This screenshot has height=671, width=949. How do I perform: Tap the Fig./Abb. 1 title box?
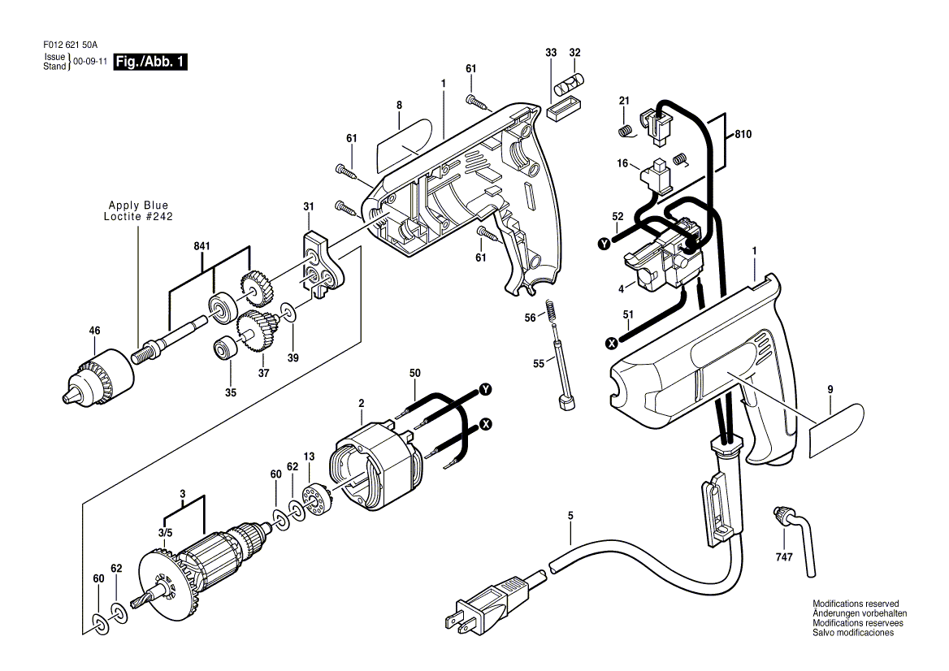point(150,62)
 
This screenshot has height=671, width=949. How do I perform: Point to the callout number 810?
point(743,134)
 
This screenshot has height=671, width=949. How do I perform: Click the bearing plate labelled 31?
point(322,262)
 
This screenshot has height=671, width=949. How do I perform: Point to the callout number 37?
point(264,374)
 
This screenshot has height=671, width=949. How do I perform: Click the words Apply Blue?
point(139,205)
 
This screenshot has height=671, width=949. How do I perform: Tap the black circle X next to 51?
point(612,344)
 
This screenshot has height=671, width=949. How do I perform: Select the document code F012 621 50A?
point(70,45)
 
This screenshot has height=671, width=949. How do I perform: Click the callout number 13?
point(310,456)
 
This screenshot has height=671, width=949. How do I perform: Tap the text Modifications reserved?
point(856,604)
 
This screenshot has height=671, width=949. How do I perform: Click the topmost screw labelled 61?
point(478,101)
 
